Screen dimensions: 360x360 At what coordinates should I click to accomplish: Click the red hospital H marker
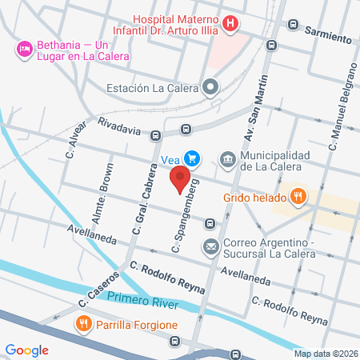pyautogui.click(x=230, y=23)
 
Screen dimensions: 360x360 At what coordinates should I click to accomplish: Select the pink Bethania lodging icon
pyautogui.click(x=22, y=50)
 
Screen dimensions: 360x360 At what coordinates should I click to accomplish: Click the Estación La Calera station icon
pyautogui.click(x=210, y=87)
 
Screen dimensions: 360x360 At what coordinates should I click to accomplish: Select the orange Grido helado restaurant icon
pyautogui.click(x=298, y=195)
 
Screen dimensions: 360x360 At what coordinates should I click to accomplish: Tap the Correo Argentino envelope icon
pyautogui.click(x=210, y=247)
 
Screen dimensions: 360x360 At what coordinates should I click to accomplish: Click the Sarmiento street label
pyautogui.click(x=327, y=38)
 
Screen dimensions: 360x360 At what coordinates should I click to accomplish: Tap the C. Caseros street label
pyautogui.click(x=99, y=290)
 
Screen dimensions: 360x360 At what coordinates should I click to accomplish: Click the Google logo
pyautogui.click(x=26, y=350)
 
